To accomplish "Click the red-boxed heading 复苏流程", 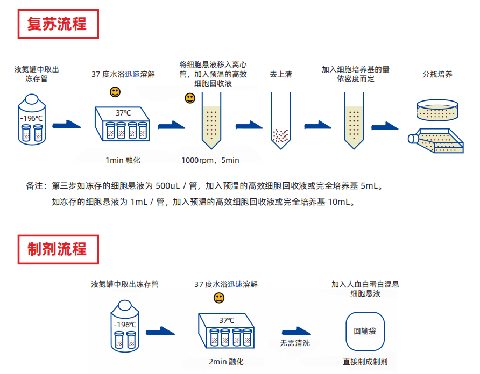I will pyautogui.click(x=58, y=24).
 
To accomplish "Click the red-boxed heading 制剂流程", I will pyautogui.click(x=58, y=249).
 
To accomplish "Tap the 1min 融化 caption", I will pyautogui.click(x=123, y=160).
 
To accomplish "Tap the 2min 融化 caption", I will pyautogui.click(x=226, y=362).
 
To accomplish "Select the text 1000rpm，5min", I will pyautogui.click(x=210, y=160).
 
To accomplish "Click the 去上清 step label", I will pyautogui.click(x=280, y=74).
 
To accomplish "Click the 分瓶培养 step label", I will pyautogui.click(x=437, y=74).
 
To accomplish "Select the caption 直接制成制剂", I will pyautogui.click(x=365, y=362).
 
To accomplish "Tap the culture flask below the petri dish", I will pyautogui.click(x=436, y=142).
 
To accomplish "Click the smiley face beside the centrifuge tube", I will pyautogui.click(x=190, y=98).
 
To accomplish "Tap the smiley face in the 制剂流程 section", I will pyautogui.click(x=219, y=298).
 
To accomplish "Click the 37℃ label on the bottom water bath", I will pyautogui.click(x=227, y=320).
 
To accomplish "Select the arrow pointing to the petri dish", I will pyautogui.click(x=385, y=126).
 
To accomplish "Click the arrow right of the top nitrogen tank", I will pyautogui.click(x=67, y=125).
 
